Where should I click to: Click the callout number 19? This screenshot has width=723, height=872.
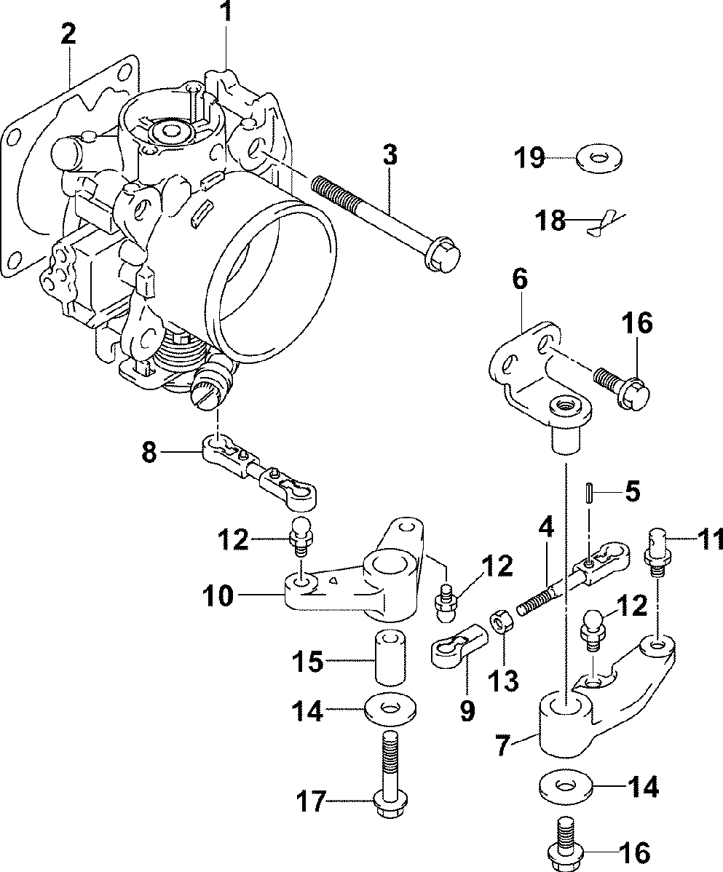529,157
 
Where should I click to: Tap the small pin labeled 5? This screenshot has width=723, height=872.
589,493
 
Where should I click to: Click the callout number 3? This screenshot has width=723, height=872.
390,155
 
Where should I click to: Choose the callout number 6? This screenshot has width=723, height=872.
519,280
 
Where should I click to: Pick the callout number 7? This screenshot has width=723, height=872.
502,746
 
